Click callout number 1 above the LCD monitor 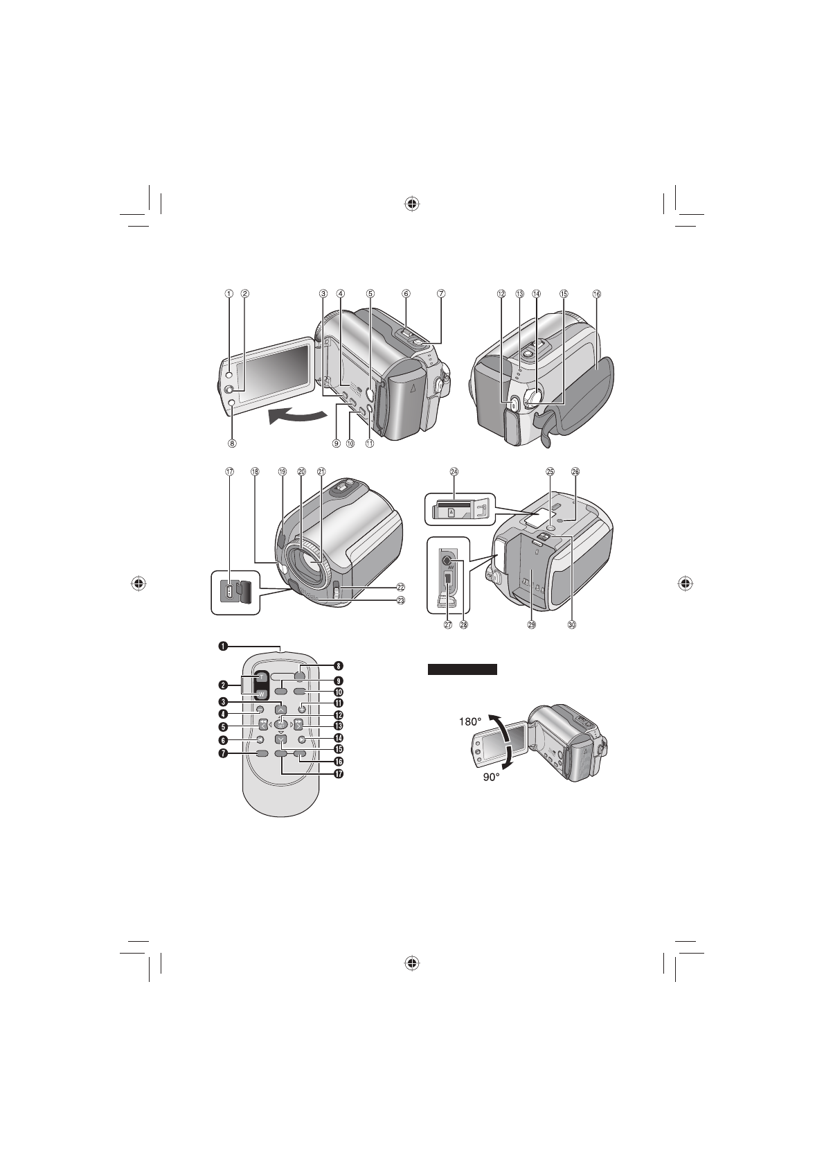229,293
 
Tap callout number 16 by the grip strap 597,293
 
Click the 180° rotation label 471,721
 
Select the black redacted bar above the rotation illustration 462,669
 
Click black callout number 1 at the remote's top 222,647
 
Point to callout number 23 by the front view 400,601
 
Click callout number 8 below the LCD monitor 233,444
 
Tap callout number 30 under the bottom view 572,624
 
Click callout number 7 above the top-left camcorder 441,293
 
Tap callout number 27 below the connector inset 448,624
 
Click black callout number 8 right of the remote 339,664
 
